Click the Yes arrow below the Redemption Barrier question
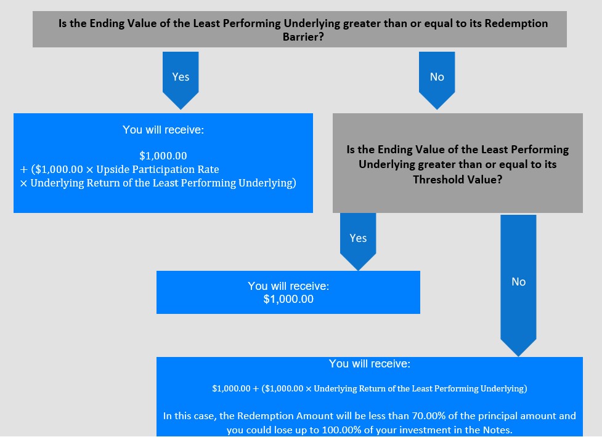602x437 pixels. [181, 81]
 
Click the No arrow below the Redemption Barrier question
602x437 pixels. [437, 81]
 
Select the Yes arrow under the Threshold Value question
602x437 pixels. [358, 242]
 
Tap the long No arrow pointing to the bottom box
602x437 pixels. [518, 286]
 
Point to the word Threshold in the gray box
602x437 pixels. [436, 180]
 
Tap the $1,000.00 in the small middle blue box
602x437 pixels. [288, 299]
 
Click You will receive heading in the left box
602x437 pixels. [163, 130]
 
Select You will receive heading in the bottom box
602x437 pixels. [369, 364]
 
